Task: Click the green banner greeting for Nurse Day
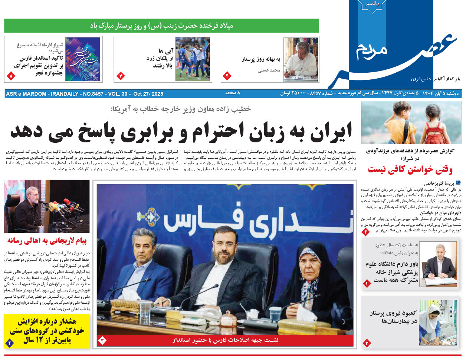point(161,26)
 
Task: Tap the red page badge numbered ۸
point(10,76)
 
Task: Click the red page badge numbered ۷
point(121,76)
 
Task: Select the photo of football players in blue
point(193,59)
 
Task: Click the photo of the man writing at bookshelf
point(301,59)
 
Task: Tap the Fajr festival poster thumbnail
point(82,59)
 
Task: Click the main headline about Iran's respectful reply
point(181,131)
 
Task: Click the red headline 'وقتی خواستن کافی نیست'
point(410,170)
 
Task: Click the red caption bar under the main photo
point(225,340)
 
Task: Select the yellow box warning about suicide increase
point(47,331)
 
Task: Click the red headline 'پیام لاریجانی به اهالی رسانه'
point(47,241)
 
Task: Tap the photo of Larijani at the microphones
point(47,206)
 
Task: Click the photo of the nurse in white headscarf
point(438,323)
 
